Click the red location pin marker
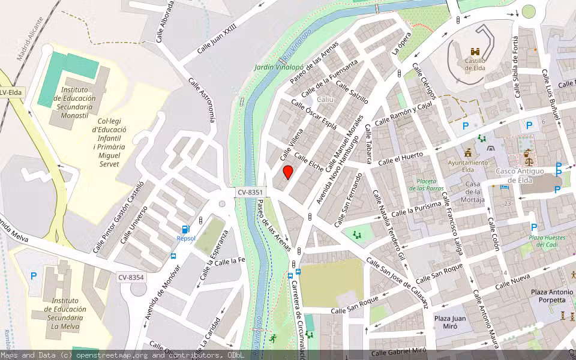point(288,172)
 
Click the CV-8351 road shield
point(250,192)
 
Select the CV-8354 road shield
point(130,277)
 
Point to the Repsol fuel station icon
point(186,229)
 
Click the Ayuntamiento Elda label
point(468,166)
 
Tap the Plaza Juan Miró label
point(451,322)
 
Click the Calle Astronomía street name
point(202,100)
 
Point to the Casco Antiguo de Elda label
point(520,175)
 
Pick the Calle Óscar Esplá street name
point(314,114)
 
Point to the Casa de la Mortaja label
point(473,192)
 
